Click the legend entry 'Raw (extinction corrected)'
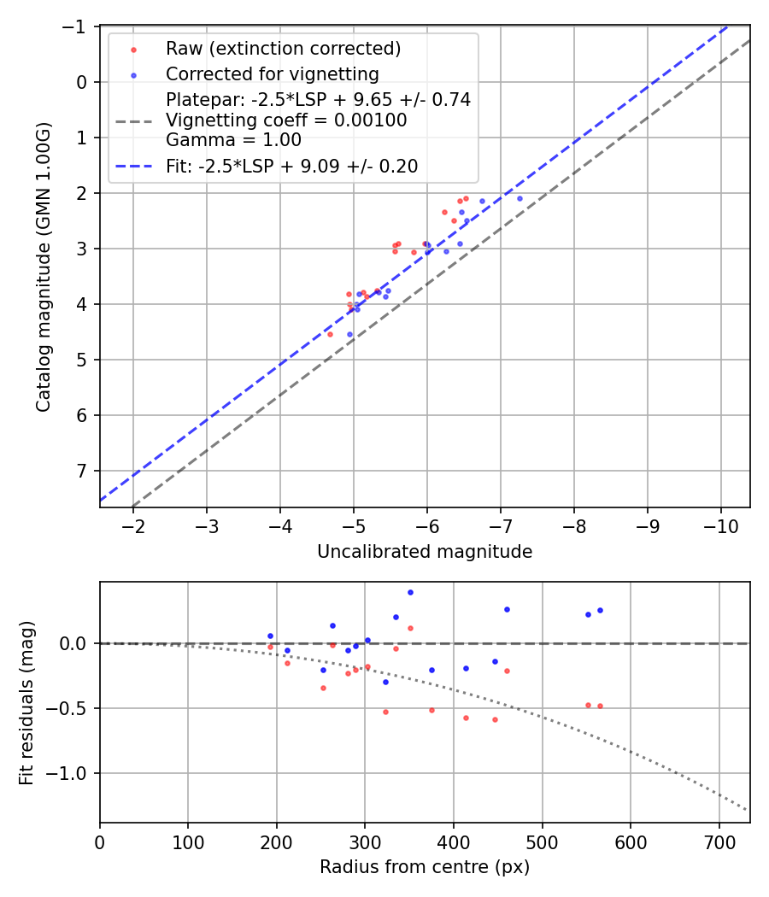point(283,48)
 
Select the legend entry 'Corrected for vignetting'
point(272,73)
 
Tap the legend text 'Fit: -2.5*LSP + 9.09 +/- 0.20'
point(291,167)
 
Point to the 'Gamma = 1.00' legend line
point(233,140)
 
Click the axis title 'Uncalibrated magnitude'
point(425,552)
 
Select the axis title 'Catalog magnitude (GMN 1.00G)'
point(44,267)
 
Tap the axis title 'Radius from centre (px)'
point(425,867)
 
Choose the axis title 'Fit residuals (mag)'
point(26,702)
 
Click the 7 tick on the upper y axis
point(81,471)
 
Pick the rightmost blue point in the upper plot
point(520,198)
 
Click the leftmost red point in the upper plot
point(330,334)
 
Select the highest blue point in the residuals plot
point(410,592)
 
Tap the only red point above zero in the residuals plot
point(410,628)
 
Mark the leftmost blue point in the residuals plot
point(270,636)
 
